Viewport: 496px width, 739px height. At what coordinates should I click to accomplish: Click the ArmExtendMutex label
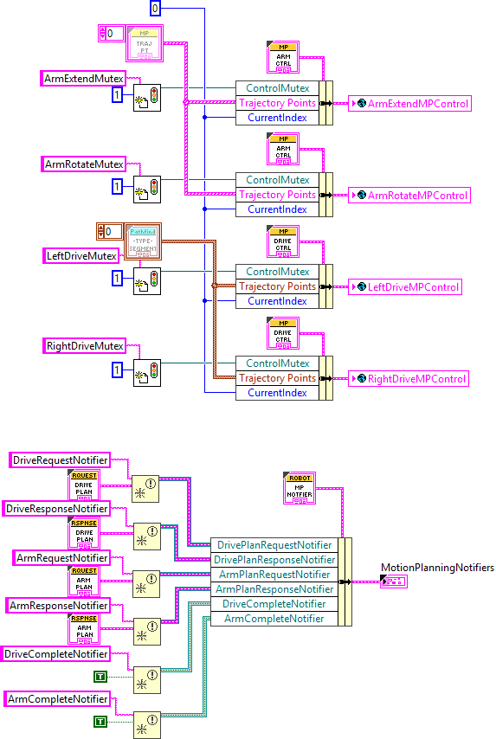point(84,79)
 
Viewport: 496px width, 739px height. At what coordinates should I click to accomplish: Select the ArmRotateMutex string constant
point(84,164)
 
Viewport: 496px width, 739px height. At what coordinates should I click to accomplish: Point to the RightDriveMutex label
point(85,346)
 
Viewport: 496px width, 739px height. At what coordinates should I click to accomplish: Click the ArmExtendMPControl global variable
point(409,104)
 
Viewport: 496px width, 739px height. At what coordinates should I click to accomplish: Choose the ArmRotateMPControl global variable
point(409,196)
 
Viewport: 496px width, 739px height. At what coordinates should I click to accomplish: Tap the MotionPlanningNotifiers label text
point(437,568)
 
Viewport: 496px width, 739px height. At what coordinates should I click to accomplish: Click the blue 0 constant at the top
point(155,9)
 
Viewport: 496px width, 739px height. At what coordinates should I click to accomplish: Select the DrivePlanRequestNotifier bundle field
point(274,545)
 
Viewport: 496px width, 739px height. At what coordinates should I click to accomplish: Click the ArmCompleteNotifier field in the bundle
point(274,619)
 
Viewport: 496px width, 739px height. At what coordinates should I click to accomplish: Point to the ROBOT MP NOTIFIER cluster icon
point(300,488)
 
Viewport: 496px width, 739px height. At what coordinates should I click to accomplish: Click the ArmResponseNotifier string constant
point(59,606)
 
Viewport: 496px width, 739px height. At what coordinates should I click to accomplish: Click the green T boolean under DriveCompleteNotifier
point(100,675)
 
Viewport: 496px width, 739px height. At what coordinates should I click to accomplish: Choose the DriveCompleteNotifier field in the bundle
point(274,604)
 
